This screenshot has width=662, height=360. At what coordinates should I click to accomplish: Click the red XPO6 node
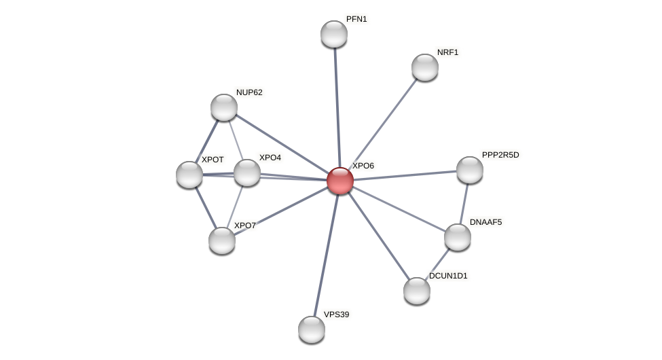coord(340,181)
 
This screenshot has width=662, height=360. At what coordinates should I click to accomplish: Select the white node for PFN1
coord(334,34)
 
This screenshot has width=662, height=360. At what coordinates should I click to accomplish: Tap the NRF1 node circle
coord(425,67)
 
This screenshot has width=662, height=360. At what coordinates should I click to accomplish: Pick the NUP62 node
coord(224,107)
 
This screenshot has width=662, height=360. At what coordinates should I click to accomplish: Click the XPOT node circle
coord(189,175)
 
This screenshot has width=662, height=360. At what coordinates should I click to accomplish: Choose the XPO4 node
coord(247,173)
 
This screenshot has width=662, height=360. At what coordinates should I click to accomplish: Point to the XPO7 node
coord(222,240)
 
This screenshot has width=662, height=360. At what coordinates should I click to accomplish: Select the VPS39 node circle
coord(312,329)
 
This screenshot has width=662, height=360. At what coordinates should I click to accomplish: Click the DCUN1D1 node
coord(417,291)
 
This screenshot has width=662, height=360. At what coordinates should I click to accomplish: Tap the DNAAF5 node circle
coord(458,237)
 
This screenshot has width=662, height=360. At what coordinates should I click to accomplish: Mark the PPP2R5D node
coord(470,170)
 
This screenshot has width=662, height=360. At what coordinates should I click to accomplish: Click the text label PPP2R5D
coord(500,155)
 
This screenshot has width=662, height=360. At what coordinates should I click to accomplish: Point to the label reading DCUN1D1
coord(448,276)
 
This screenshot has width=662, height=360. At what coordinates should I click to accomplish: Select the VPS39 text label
coord(336,314)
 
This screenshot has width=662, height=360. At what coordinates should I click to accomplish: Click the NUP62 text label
coord(249,92)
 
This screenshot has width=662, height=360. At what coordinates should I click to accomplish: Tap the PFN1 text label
coord(356,19)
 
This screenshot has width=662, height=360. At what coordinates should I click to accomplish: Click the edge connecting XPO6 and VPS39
coord(326,255)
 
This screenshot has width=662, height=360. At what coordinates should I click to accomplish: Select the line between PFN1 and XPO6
coord(337,107)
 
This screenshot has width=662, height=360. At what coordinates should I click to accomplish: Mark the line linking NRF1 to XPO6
coord(383,124)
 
